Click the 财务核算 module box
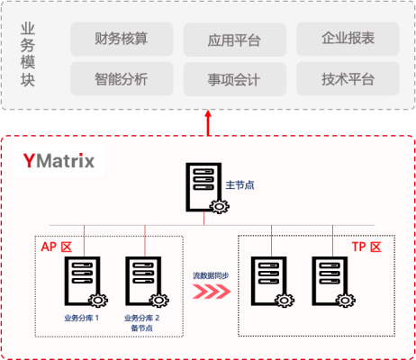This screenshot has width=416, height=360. [x=122, y=39]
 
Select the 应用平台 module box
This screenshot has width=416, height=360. [x=235, y=40]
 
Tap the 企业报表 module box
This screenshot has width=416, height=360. [x=348, y=39]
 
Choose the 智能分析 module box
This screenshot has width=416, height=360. [x=122, y=79]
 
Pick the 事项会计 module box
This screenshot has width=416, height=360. [x=235, y=79]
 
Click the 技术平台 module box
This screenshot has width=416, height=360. [x=348, y=79]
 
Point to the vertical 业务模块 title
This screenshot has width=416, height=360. [x=28, y=55]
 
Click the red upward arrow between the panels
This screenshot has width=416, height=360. [x=208, y=123]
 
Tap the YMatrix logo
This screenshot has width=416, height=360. [x=59, y=160]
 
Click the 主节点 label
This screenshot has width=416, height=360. [x=240, y=185]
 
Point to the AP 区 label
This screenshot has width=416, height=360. [x=57, y=247]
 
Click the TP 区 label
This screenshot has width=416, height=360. [x=366, y=247]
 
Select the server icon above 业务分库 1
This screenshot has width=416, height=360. [x=86, y=282]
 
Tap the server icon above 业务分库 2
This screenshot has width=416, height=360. [x=147, y=282]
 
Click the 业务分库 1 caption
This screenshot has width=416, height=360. [x=81, y=318]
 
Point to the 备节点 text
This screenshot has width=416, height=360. [x=141, y=328]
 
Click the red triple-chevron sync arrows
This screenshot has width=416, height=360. [x=212, y=292]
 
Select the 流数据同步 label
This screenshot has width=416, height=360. [x=211, y=275]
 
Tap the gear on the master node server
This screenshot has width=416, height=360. [x=220, y=206]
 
